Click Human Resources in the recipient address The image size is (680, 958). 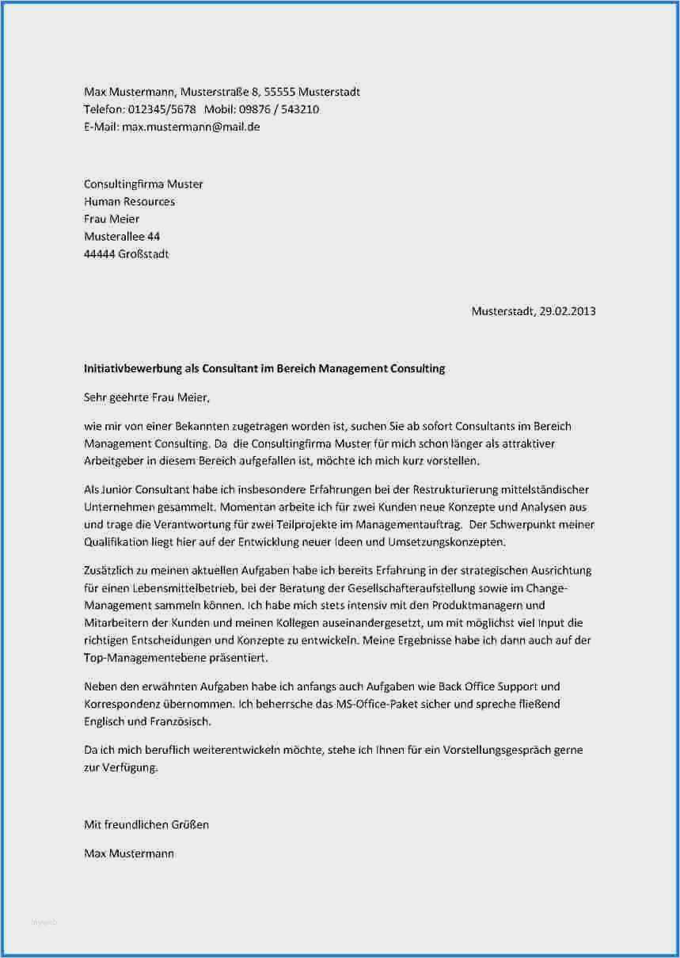tap(129, 202)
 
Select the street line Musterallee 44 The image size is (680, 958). tap(122, 237)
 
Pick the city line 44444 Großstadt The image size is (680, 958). tap(126, 254)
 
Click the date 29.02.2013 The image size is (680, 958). tap(566, 311)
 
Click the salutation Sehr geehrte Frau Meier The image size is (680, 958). tap(147, 397)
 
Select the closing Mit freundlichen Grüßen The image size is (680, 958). tap(146, 825)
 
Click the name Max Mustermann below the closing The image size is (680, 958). tap(129, 853)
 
